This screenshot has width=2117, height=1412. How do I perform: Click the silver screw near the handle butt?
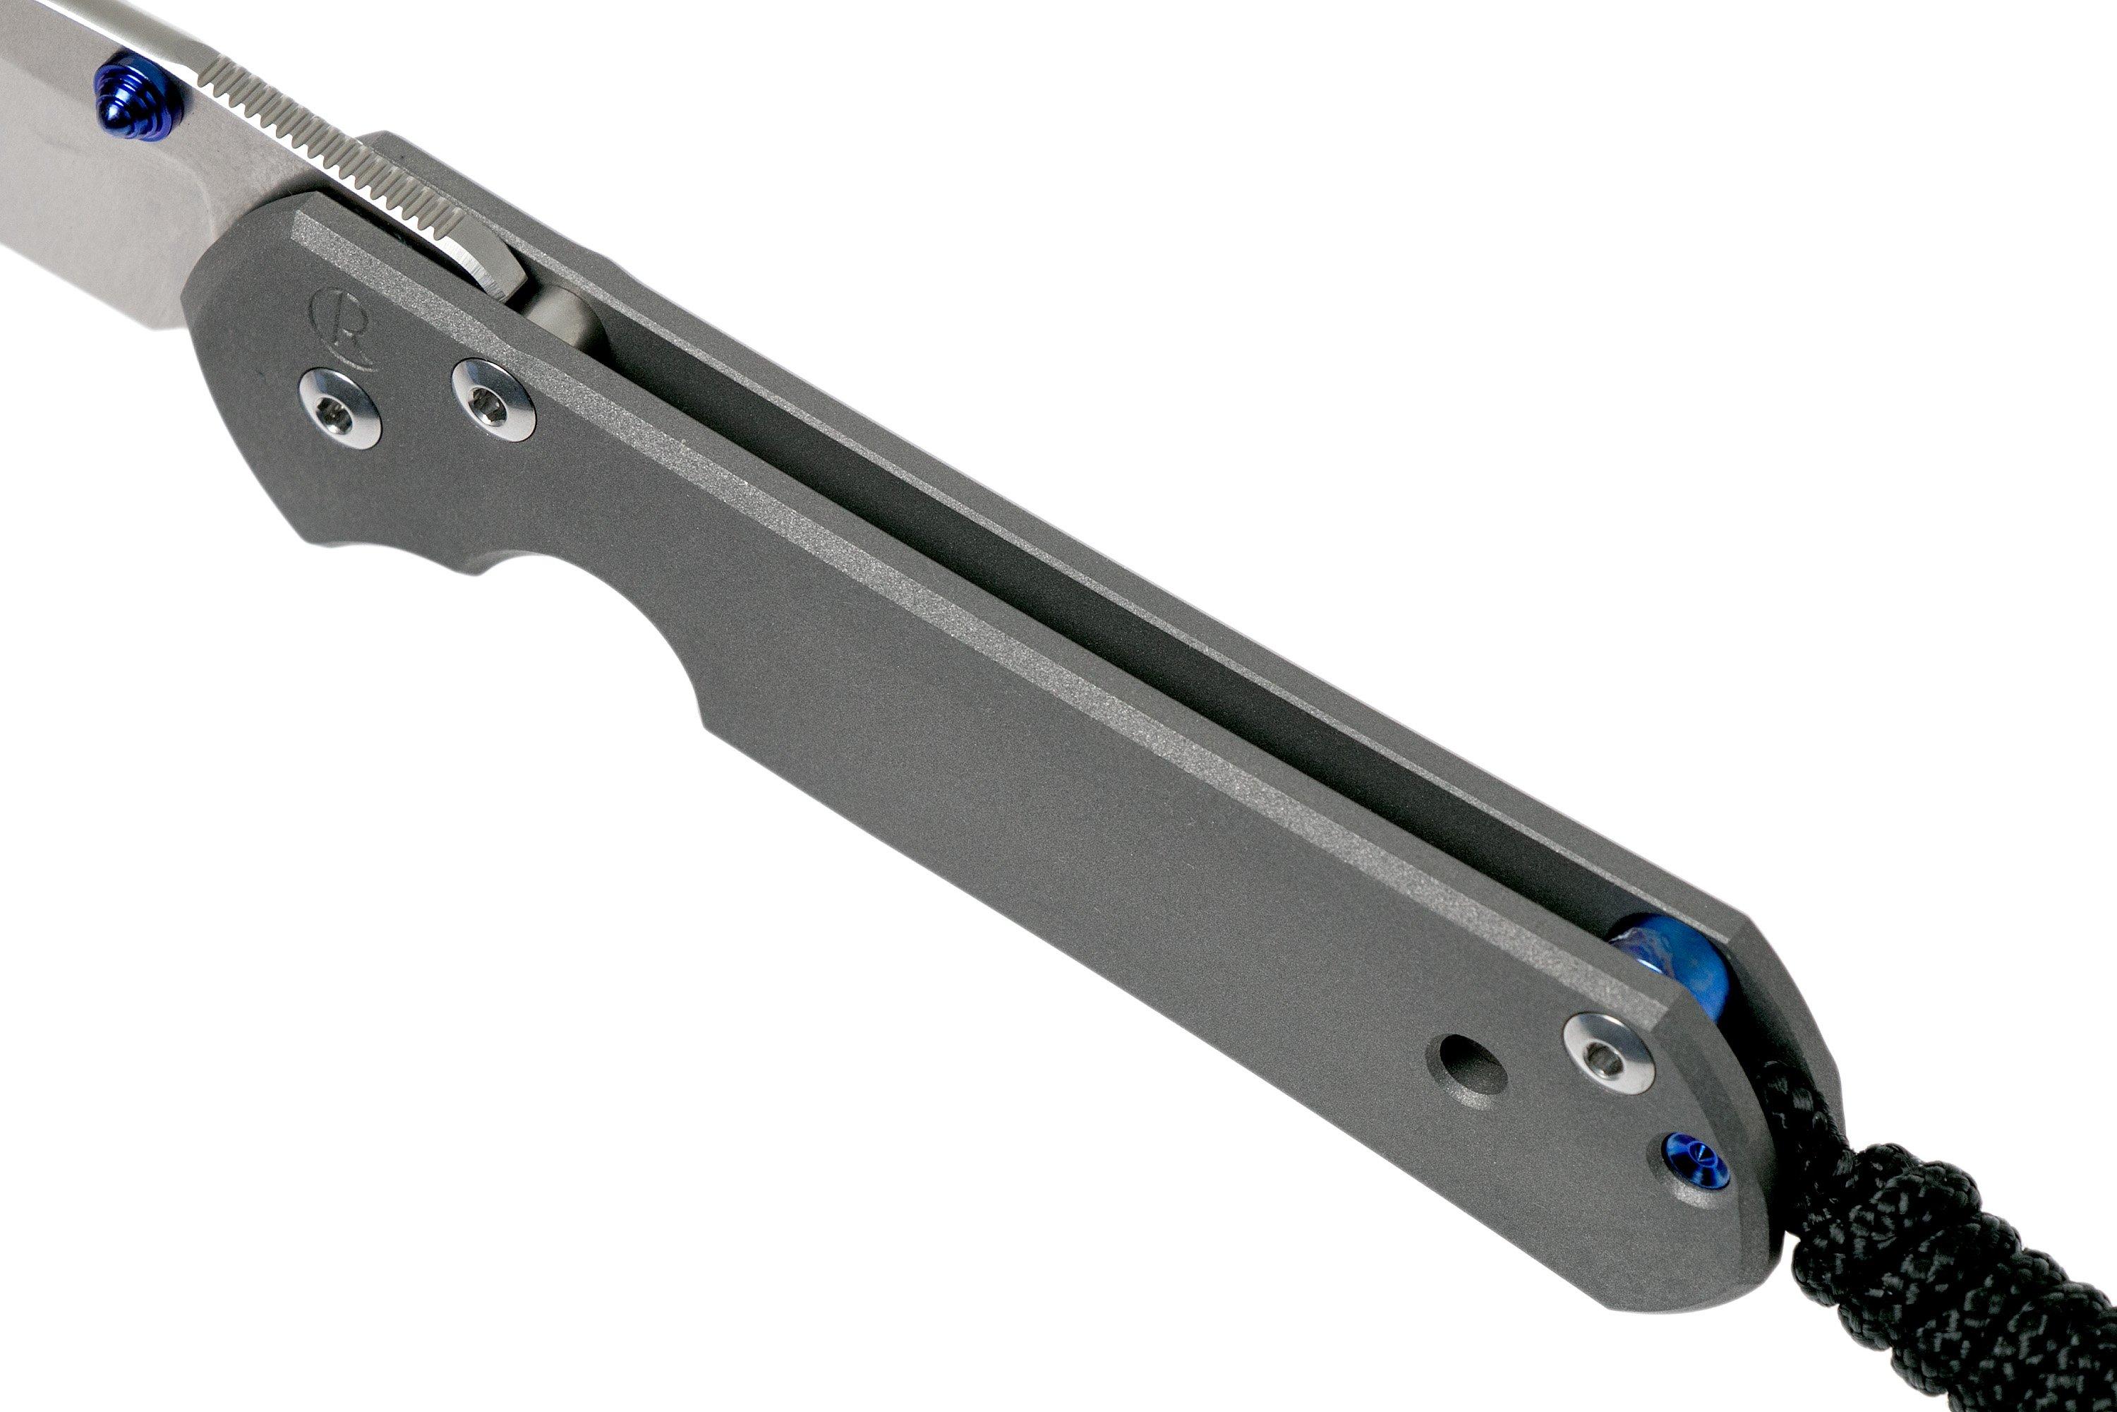point(1608,1053)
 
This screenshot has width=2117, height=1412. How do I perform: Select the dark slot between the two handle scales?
point(1080,612)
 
